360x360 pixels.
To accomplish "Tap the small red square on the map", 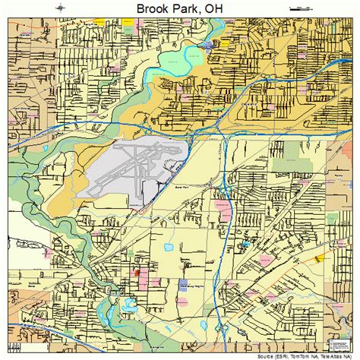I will [137, 271].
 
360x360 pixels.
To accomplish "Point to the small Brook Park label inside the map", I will [180, 185].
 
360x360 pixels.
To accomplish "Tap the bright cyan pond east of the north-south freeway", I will [247, 245].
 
